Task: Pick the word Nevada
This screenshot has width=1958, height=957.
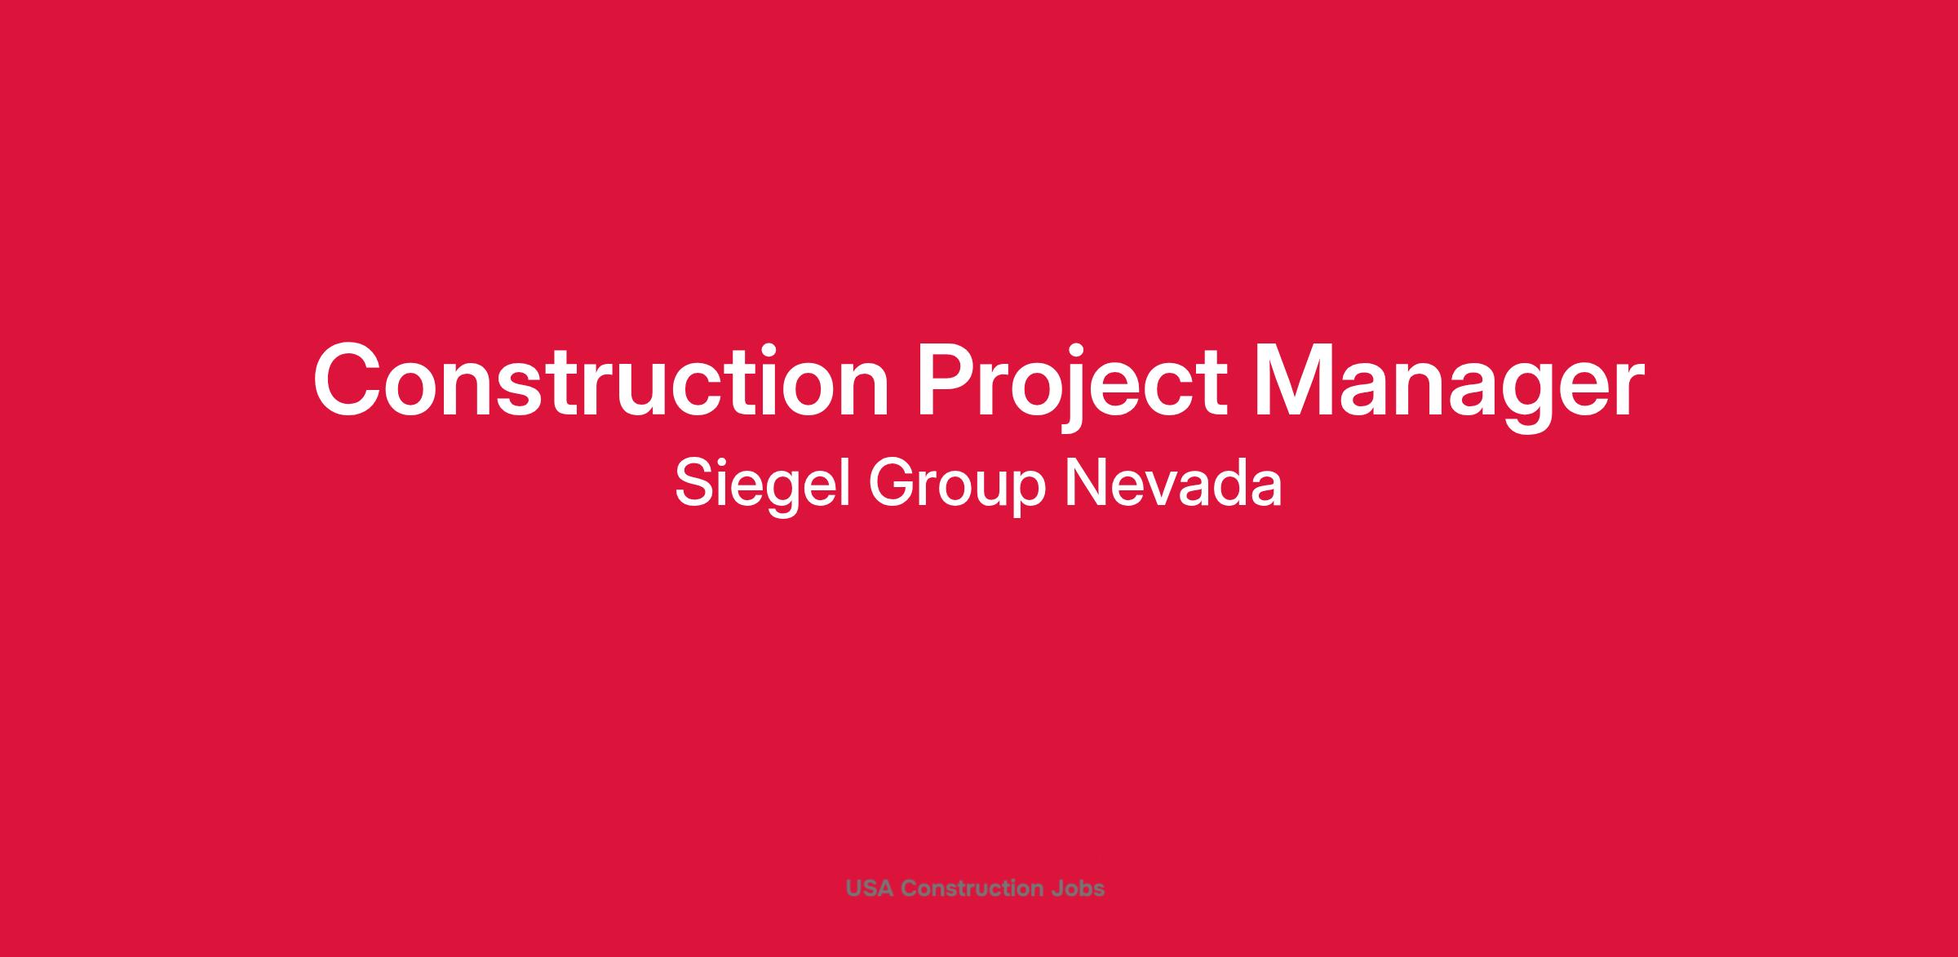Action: pos(1173,483)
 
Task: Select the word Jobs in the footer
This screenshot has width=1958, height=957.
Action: pos(1079,888)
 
